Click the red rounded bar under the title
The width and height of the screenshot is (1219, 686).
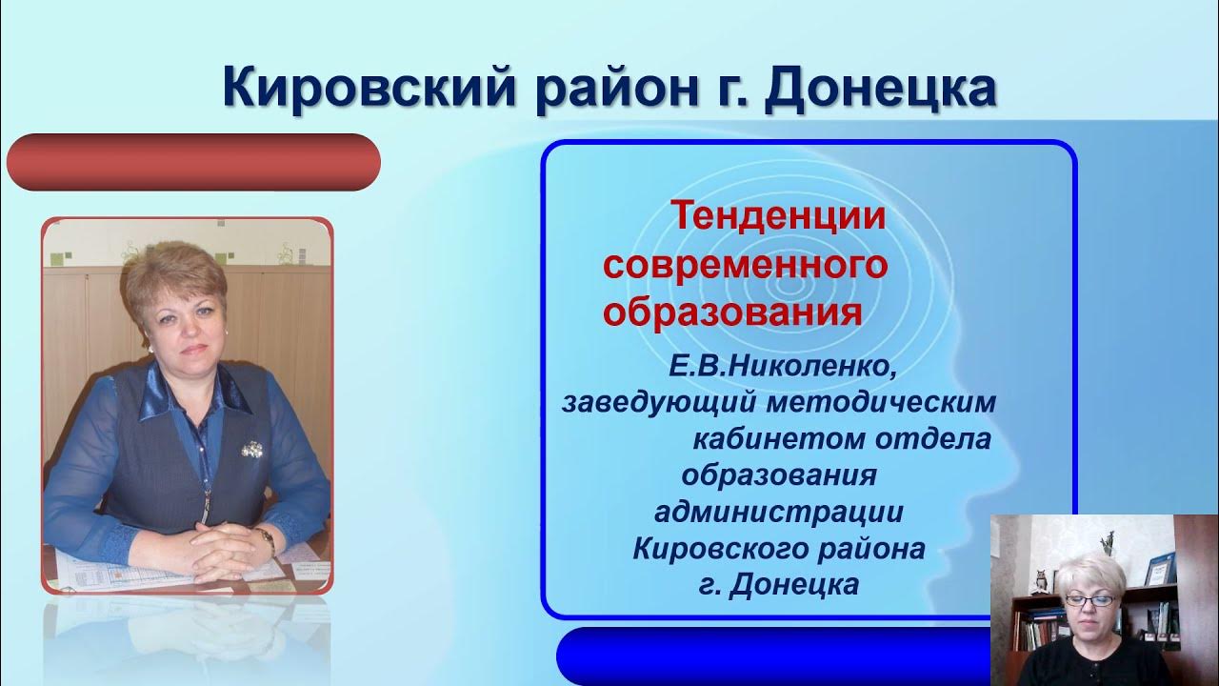(x=193, y=162)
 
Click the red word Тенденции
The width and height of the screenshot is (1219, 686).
(x=779, y=216)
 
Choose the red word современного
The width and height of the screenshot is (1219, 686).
(x=746, y=265)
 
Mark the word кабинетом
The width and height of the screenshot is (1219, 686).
(x=760, y=439)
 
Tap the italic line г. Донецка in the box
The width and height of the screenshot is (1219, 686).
(x=778, y=584)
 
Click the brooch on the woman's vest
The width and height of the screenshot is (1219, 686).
(x=253, y=448)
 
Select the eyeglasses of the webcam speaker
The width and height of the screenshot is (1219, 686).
(x=1089, y=600)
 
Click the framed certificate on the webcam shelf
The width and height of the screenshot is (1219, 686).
(x=1160, y=569)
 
